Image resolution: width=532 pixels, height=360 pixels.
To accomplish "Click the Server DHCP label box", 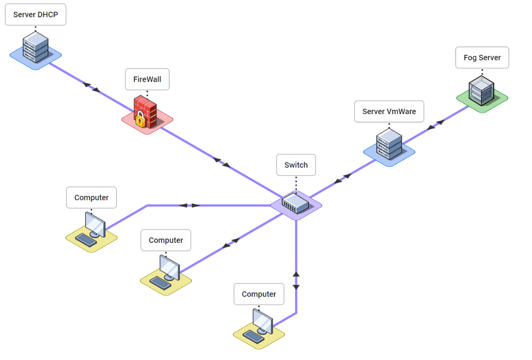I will coord(35,15).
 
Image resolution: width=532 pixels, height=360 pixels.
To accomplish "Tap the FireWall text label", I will coord(147,80).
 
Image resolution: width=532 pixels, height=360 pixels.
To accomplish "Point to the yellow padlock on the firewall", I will coord(140,120).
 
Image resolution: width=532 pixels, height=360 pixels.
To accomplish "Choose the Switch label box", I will coord(296,165).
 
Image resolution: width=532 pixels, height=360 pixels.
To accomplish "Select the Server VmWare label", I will coord(389,112).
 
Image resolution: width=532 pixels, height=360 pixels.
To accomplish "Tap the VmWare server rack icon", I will coord(389,144).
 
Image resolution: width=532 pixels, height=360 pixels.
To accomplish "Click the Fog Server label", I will coord(482,58).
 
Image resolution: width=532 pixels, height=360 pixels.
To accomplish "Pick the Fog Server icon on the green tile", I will coord(481,91).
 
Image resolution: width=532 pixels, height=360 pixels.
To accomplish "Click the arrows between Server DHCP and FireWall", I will coord(91,87).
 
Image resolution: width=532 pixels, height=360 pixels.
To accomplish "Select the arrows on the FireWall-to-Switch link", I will coord(222,162).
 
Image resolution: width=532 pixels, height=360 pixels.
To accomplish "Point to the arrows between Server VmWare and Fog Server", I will coord(436,125).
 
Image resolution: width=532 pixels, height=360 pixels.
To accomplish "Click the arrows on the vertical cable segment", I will coord(296,280).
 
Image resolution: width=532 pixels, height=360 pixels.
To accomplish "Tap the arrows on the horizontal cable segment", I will coord(189,205).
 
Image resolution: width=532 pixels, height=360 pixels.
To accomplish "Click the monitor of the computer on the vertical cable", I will coord(263,321).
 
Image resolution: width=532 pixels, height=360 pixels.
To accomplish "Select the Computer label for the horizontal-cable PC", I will coord(91,198).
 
